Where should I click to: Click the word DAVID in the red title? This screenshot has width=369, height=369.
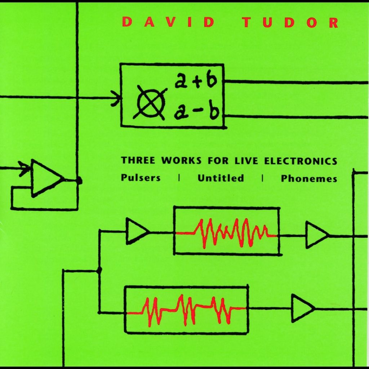coord(169,22)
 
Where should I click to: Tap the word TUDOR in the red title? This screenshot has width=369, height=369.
coord(290,22)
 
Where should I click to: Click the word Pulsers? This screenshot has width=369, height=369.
coord(141,178)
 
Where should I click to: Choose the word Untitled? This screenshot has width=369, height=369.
coord(221,178)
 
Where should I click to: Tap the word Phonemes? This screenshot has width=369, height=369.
coord(309,178)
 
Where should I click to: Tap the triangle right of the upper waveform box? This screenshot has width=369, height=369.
coord(316,235)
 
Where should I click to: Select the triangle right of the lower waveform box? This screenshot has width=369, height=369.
coord(302,308)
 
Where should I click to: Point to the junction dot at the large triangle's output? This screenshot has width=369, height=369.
coord(79,181)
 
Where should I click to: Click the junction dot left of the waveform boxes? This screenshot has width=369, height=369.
coord(99,269)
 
